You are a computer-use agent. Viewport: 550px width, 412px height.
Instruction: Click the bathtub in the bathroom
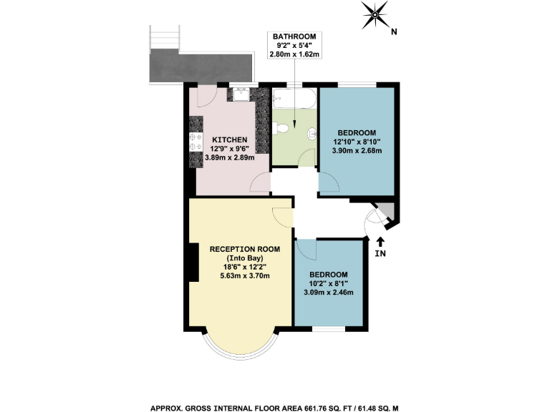294,99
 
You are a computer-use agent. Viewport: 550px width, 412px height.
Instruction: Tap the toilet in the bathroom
283,128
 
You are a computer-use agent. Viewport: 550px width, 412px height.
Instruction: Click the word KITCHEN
229,139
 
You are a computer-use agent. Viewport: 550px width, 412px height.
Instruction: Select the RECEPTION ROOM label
244,249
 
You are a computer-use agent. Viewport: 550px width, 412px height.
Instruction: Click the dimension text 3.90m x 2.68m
357,151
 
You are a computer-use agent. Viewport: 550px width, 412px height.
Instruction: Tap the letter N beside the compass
394,32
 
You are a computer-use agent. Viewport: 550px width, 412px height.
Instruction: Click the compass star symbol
375,13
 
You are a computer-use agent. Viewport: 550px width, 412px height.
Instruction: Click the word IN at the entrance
380,254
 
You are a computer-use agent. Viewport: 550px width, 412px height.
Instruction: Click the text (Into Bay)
244,257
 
